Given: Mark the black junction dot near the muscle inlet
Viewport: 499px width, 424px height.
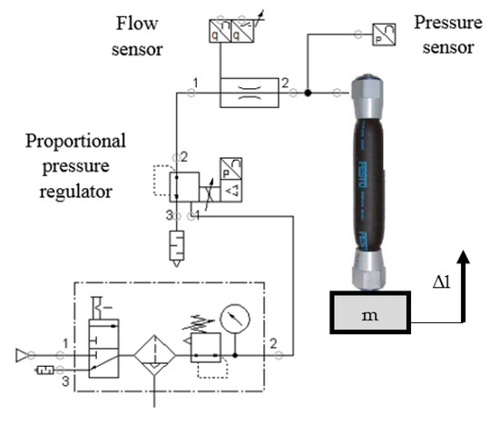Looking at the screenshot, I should (308, 92).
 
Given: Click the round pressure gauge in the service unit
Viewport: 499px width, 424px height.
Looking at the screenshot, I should (237, 319).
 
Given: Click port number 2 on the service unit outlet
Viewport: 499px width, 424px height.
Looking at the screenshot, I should (273, 343).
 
